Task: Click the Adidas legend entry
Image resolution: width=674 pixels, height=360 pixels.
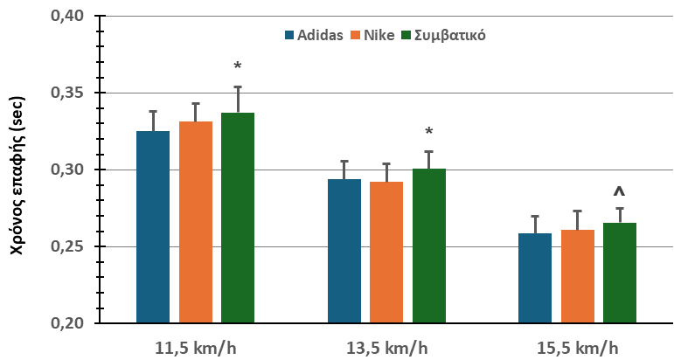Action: click(x=314, y=36)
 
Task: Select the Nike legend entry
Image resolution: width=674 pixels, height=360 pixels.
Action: click(x=372, y=36)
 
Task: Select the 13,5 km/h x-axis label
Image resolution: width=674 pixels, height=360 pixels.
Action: click(x=386, y=347)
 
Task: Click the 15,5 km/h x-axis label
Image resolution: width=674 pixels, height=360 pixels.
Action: click(x=576, y=347)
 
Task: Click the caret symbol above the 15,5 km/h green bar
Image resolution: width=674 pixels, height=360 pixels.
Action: click(x=620, y=192)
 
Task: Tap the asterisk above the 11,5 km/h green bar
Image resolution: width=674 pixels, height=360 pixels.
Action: click(x=238, y=67)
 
